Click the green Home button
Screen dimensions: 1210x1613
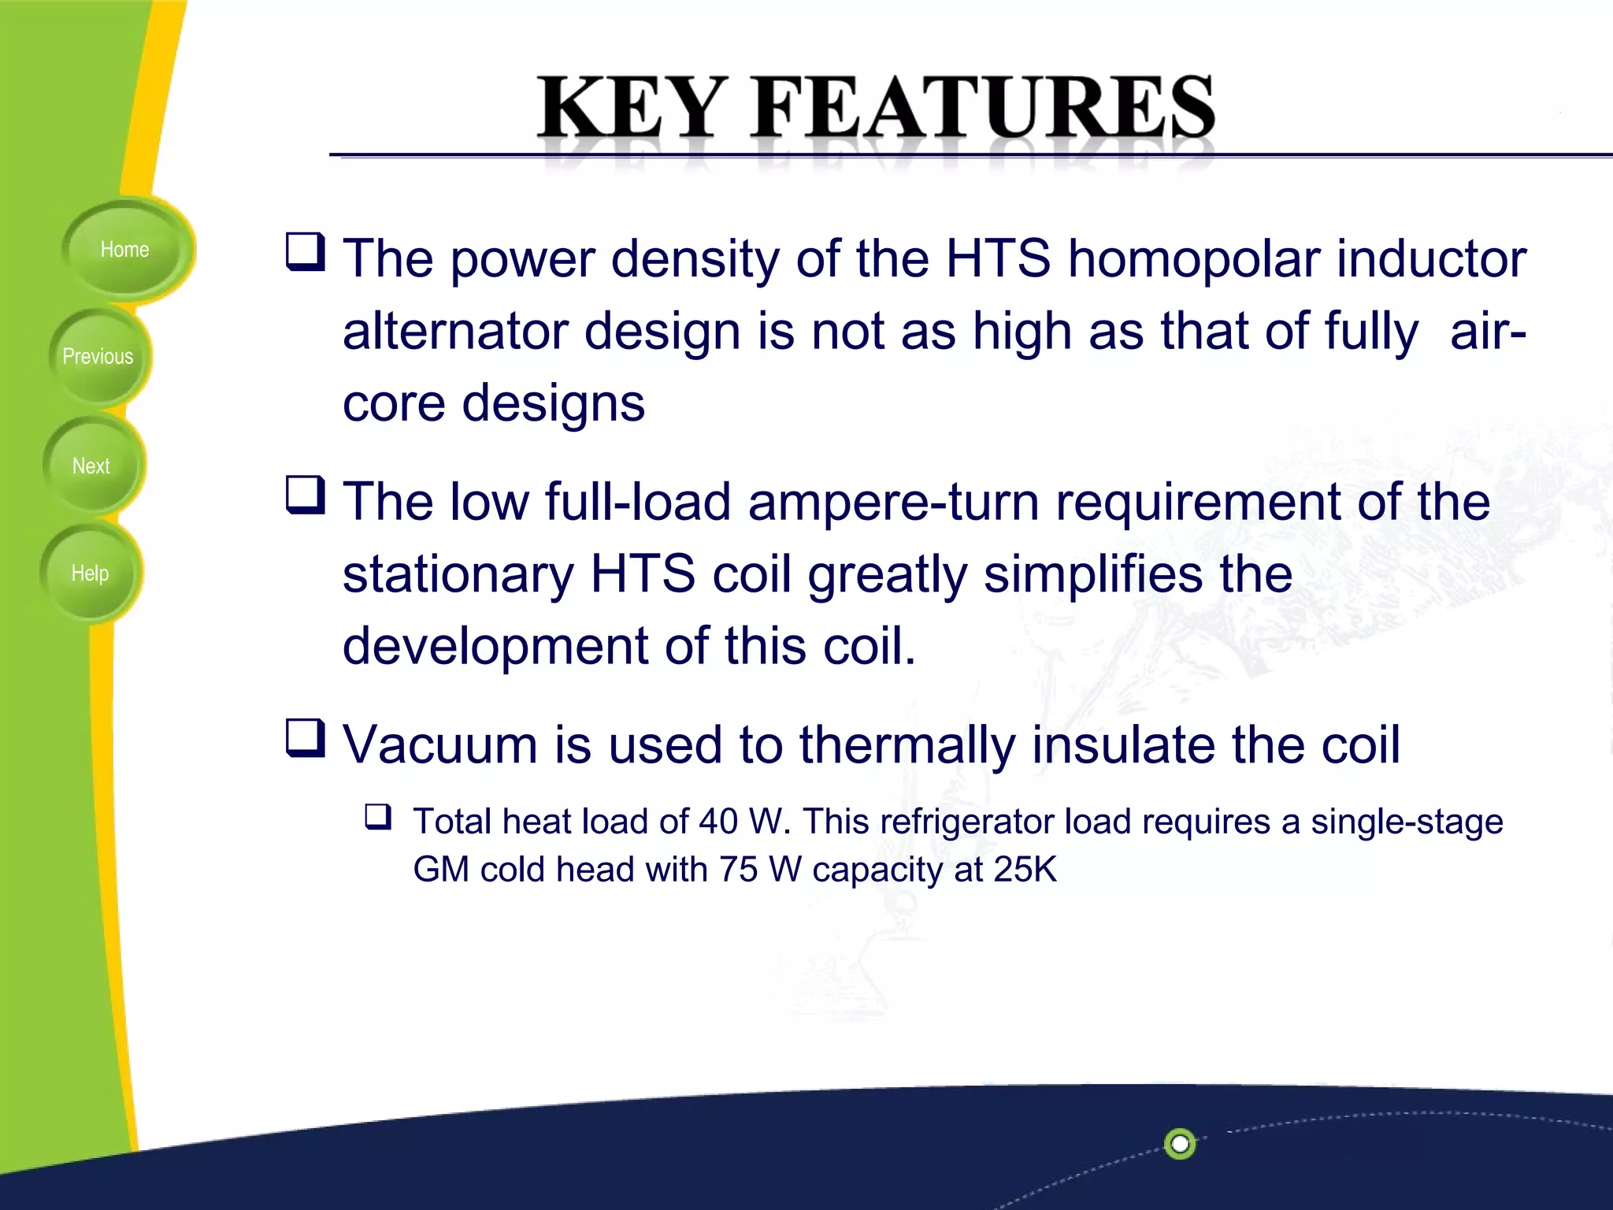124,250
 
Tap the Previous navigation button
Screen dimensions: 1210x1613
98,357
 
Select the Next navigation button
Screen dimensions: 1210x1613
91,466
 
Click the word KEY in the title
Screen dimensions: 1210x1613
631,108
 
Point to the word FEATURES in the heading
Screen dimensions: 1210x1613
984,108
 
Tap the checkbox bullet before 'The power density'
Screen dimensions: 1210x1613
305,252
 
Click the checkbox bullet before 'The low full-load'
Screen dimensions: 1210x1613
305,496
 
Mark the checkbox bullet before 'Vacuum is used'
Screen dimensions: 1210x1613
305,738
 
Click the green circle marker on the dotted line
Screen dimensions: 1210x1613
1180,1143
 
